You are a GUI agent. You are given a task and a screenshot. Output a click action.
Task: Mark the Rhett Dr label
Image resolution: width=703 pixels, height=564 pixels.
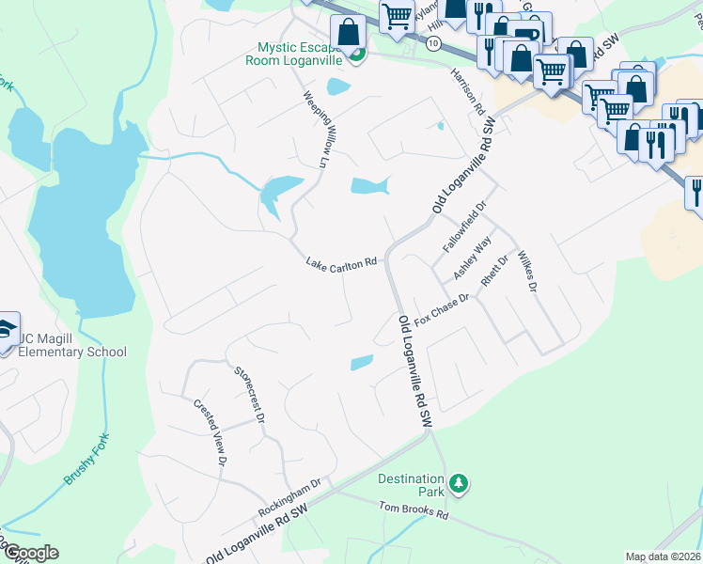click(494, 271)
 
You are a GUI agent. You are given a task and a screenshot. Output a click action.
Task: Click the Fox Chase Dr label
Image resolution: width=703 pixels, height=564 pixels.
click(441, 306)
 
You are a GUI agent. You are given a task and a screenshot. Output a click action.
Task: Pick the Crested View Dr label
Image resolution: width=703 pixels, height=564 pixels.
click(211, 432)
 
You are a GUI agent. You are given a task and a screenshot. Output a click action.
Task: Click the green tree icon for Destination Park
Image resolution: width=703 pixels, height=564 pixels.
click(459, 484)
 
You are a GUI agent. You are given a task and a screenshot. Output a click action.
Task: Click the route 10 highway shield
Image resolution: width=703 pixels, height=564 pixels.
click(432, 44)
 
